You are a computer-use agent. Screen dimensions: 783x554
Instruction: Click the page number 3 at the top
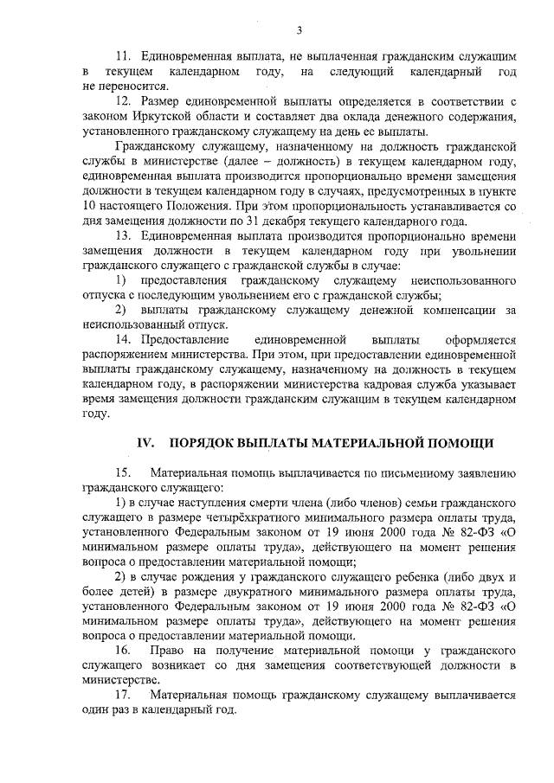point(299,31)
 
